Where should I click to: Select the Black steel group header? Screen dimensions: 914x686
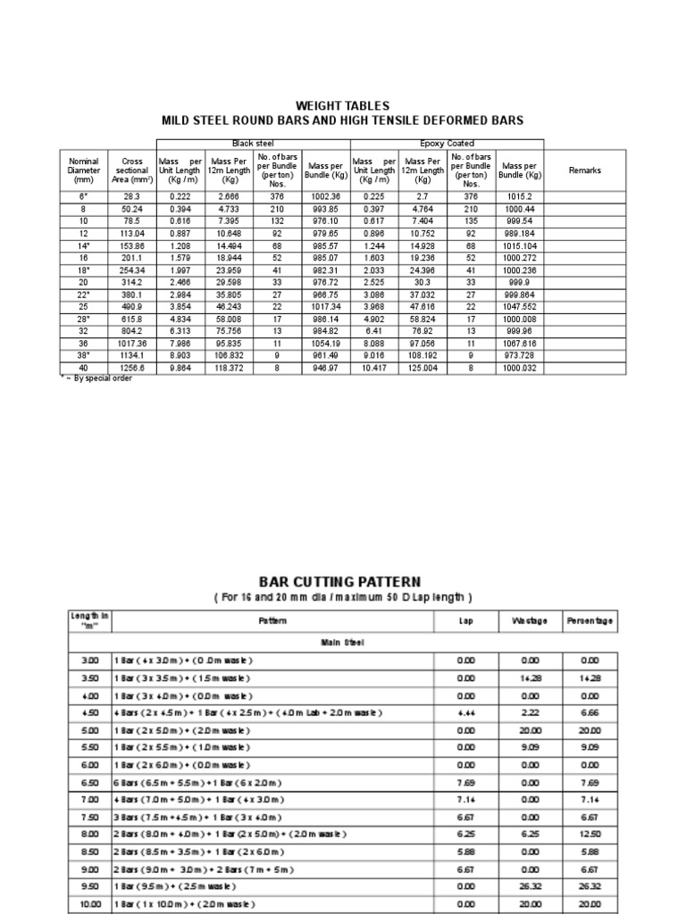(253, 144)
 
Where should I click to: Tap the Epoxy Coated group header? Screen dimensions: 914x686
(447, 144)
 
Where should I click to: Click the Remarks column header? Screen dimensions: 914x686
(585, 170)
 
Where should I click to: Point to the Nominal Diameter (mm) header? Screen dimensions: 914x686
(84, 170)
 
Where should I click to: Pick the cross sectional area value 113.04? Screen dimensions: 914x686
(132, 231)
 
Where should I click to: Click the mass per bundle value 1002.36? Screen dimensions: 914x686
(324, 195)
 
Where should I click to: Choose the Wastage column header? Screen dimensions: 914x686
(529, 620)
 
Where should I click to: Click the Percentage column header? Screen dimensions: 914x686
(589, 620)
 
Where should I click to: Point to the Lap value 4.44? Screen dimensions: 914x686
(465, 712)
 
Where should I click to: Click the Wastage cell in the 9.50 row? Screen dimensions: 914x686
(529, 886)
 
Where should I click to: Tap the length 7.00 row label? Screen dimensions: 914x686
(90, 799)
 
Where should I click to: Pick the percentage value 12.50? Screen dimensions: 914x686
(589, 834)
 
